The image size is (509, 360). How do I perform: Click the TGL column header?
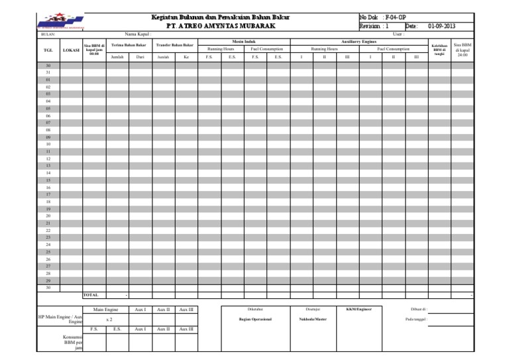pyautogui.click(x=48, y=50)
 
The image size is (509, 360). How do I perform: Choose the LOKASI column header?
pyautogui.click(x=71, y=50)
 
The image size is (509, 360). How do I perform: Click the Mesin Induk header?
pyautogui.click(x=245, y=41)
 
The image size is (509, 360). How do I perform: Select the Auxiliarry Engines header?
pyautogui.click(x=359, y=41)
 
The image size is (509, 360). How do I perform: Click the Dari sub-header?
pyautogui.click(x=140, y=57)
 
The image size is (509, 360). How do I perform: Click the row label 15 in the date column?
pyautogui.click(x=48, y=180)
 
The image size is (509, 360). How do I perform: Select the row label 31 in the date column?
pyautogui.click(x=48, y=72)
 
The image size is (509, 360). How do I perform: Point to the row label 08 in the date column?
pyautogui.click(x=48, y=130)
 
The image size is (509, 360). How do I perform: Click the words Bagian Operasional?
pyautogui.click(x=256, y=319)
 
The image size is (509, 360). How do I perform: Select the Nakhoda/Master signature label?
pyautogui.click(x=312, y=319)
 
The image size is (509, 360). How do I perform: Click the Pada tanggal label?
pyautogui.click(x=416, y=319)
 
